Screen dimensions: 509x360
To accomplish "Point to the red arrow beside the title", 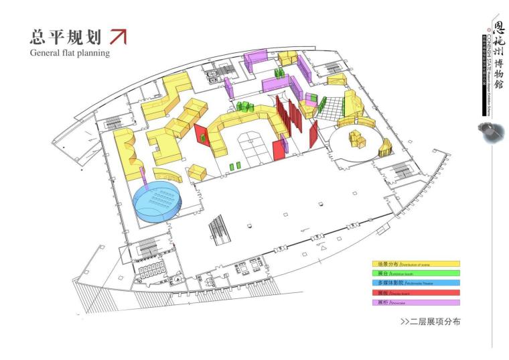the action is pos(118,36).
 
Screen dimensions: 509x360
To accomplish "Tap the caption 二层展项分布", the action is pos(430,322).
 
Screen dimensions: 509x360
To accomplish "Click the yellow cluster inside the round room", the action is pos(357,140).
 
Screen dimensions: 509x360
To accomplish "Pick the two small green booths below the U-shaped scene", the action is pos(234,166).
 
